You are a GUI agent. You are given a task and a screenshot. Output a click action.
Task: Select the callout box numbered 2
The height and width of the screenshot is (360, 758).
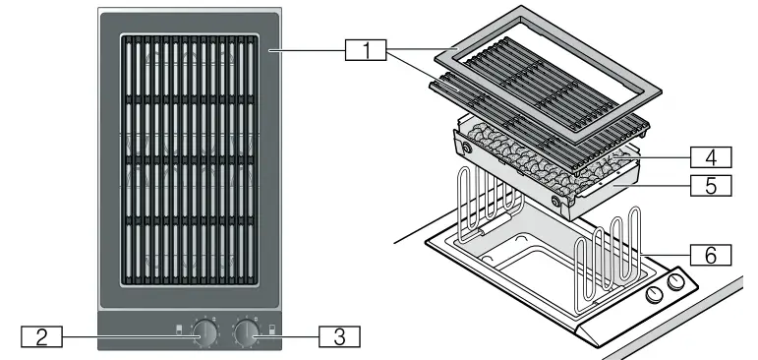[41, 335]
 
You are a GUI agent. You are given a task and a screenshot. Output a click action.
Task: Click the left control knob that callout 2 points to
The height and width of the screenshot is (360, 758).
[206, 333]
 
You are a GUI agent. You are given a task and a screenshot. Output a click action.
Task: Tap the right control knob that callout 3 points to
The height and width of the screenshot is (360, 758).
[245, 333]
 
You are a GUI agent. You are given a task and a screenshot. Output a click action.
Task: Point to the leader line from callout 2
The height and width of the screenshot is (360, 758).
[128, 335]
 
